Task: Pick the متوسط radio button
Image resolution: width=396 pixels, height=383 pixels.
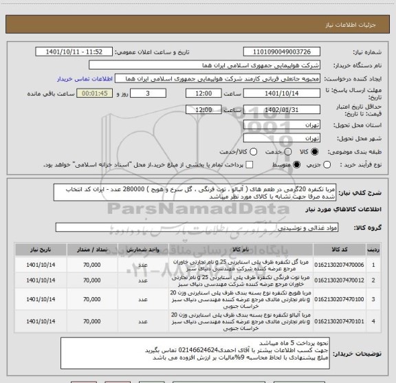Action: (x=297, y=165)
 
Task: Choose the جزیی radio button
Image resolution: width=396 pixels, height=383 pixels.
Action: (x=326, y=165)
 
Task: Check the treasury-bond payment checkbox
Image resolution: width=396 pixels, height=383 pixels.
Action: (x=249, y=165)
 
